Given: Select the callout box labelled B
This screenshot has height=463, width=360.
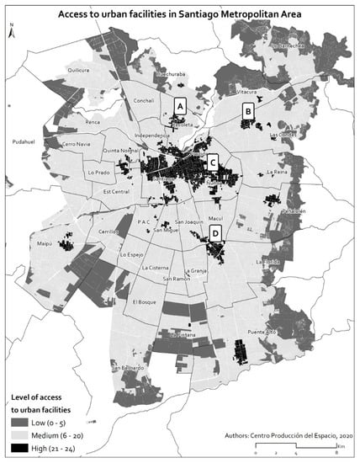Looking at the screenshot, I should click(x=248, y=110).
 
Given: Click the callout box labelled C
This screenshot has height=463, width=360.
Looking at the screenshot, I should click(x=213, y=162).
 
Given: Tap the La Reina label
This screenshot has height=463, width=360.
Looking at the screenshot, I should click(x=277, y=172).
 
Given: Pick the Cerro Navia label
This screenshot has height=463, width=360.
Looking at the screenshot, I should click(x=80, y=144).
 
